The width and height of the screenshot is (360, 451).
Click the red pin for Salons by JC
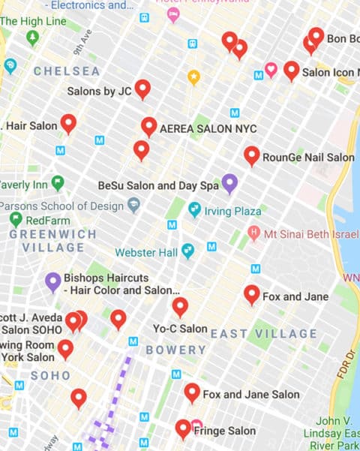tap(142, 89)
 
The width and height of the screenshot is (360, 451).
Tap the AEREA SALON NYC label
tap(208, 129)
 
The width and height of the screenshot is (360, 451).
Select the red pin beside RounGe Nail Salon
tap(252, 155)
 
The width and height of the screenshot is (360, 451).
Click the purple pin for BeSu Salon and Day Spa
tap(230, 183)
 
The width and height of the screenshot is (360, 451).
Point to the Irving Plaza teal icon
tap(195, 209)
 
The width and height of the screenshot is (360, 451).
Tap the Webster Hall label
tap(146, 252)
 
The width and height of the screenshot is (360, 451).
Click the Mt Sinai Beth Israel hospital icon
tap(253, 233)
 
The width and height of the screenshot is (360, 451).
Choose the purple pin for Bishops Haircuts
tap(52, 281)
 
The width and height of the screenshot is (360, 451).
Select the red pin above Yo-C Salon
tap(180, 306)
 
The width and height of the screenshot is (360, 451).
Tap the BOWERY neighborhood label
tap(175, 350)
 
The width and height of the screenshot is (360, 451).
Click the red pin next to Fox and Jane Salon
tap(192, 392)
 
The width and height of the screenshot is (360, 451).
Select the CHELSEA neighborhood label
tap(67, 71)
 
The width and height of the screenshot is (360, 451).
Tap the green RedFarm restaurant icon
tap(16, 220)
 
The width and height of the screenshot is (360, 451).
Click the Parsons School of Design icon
tap(134, 204)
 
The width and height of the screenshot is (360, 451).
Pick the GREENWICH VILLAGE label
tap(52, 240)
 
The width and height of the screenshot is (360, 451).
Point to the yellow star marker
tap(193, 76)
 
